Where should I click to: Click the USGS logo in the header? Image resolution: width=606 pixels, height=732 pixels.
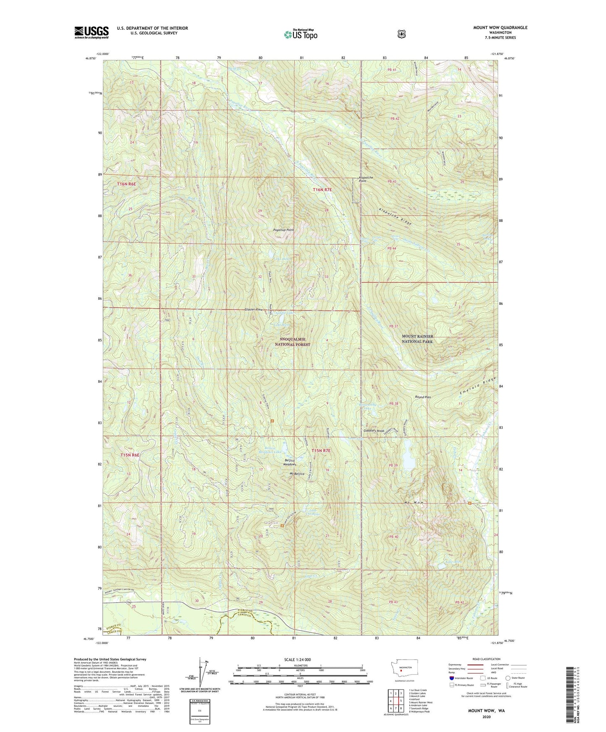point(91,32)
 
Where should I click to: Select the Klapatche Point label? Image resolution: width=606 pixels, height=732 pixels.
point(366,179)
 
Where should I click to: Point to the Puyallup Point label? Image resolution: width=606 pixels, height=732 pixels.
point(283,230)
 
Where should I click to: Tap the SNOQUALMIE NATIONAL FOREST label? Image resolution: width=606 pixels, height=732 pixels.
point(293,342)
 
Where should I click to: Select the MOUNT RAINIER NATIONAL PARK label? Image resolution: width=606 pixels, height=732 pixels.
point(417,339)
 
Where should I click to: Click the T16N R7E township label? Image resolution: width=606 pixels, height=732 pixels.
point(322,190)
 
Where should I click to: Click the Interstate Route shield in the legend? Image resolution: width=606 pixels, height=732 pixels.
point(451,690)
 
